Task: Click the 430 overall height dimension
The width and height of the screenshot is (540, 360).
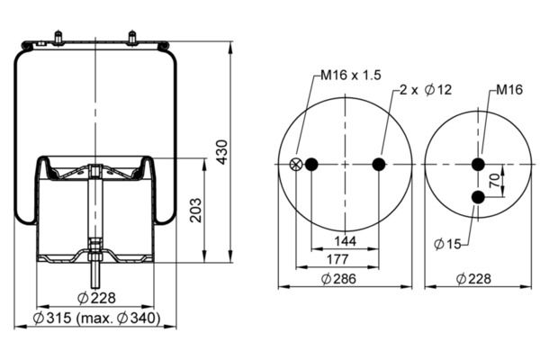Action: point(222,152)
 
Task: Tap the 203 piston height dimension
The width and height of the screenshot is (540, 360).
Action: point(196,210)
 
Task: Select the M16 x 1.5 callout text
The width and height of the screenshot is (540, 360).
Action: point(351,75)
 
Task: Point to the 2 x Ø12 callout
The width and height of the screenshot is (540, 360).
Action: point(426,90)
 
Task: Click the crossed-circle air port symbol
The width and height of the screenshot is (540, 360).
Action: point(296,164)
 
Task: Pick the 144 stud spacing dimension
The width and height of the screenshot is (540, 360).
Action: point(345,241)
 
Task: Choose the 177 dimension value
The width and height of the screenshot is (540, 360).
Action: point(337,259)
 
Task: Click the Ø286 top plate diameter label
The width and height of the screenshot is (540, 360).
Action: point(338,278)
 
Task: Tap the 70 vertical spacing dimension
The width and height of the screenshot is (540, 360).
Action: point(494,180)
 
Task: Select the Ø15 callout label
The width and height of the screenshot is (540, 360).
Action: point(447,244)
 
